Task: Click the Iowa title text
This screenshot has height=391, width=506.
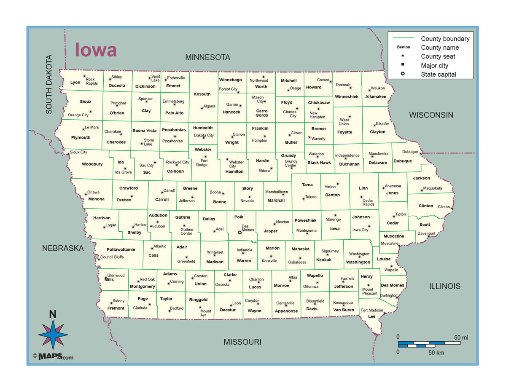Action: click(x=96, y=50)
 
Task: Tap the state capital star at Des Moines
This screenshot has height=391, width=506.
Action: click(x=240, y=233)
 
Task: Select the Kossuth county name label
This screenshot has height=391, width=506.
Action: click(x=202, y=94)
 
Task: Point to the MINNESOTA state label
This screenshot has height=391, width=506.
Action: click(x=207, y=57)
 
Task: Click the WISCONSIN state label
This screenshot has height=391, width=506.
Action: click(x=431, y=115)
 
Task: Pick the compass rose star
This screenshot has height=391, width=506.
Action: click(x=53, y=335)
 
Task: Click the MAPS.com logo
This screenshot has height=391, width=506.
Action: click(x=53, y=357)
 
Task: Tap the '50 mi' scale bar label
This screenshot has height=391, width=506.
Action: click(x=461, y=337)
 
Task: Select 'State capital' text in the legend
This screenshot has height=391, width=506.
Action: click(x=438, y=75)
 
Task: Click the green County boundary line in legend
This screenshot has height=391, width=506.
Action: click(x=403, y=38)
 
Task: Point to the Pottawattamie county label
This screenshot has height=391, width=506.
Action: click(x=121, y=249)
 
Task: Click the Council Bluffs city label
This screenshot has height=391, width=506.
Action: click(x=112, y=257)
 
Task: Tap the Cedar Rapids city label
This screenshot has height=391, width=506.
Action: click(x=368, y=202)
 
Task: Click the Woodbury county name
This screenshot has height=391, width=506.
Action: click(x=92, y=164)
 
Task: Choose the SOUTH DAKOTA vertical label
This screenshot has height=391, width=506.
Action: click(x=49, y=84)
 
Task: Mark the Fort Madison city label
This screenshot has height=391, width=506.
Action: click(x=371, y=311)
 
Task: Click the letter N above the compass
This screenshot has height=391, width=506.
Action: click(x=53, y=314)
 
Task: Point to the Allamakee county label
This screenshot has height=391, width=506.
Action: click(x=375, y=96)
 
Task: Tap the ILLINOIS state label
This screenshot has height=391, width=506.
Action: click(x=444, y=287)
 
